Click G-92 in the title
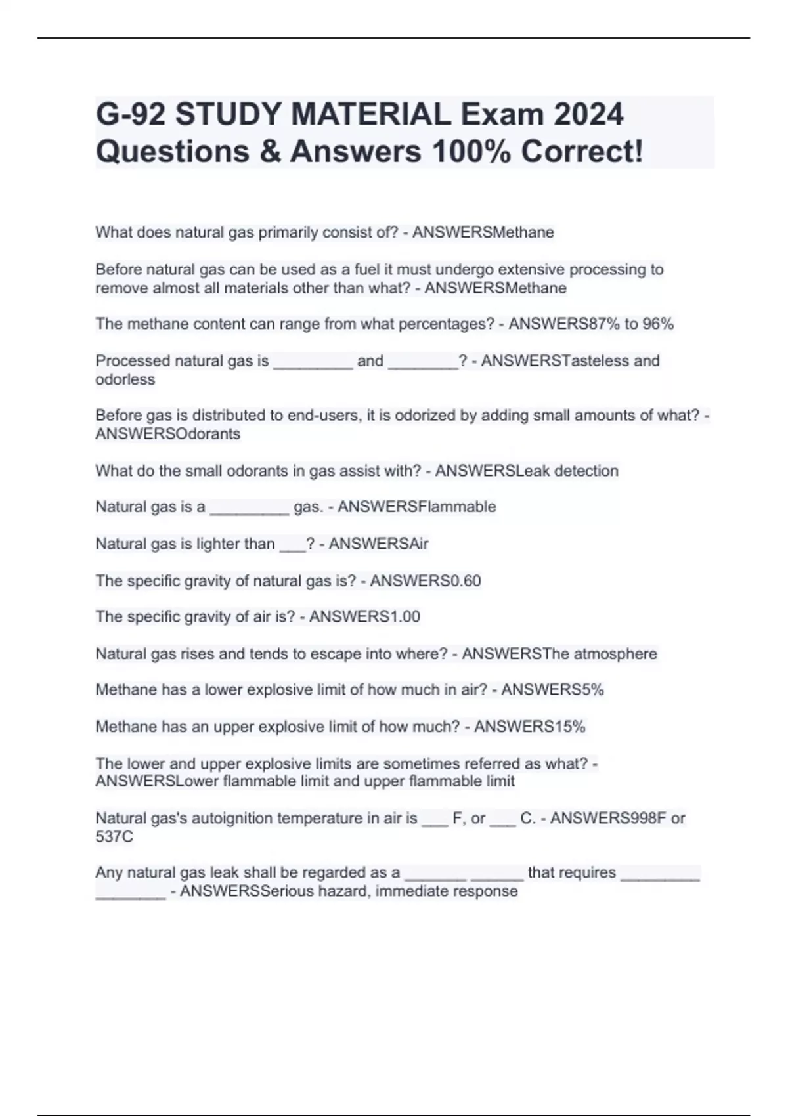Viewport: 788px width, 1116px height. pyautogui.click(x=131, y=115)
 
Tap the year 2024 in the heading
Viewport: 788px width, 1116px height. pyautogui.click(x=588, y=115)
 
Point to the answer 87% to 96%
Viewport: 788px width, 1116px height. pyautogui.click(x=624, y=324)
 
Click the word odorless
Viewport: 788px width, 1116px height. pyautogui.click(x=125, y=379)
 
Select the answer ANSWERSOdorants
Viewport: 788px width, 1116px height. pyautogui.click(x=167, y=434)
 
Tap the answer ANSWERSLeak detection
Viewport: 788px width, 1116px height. pyautogui.click(x=527, y=471)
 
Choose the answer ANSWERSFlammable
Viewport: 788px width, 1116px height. pyautogui.click(x=416, y=507)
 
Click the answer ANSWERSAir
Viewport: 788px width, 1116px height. pyautogui.click(x=378, y=544)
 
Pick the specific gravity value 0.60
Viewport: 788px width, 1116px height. pyautogui.click(x=463, y=580)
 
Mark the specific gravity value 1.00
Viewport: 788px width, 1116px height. pyautogui.click(x=402, y=616)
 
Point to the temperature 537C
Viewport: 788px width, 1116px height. pyautogui.click(x=114, y=837)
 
